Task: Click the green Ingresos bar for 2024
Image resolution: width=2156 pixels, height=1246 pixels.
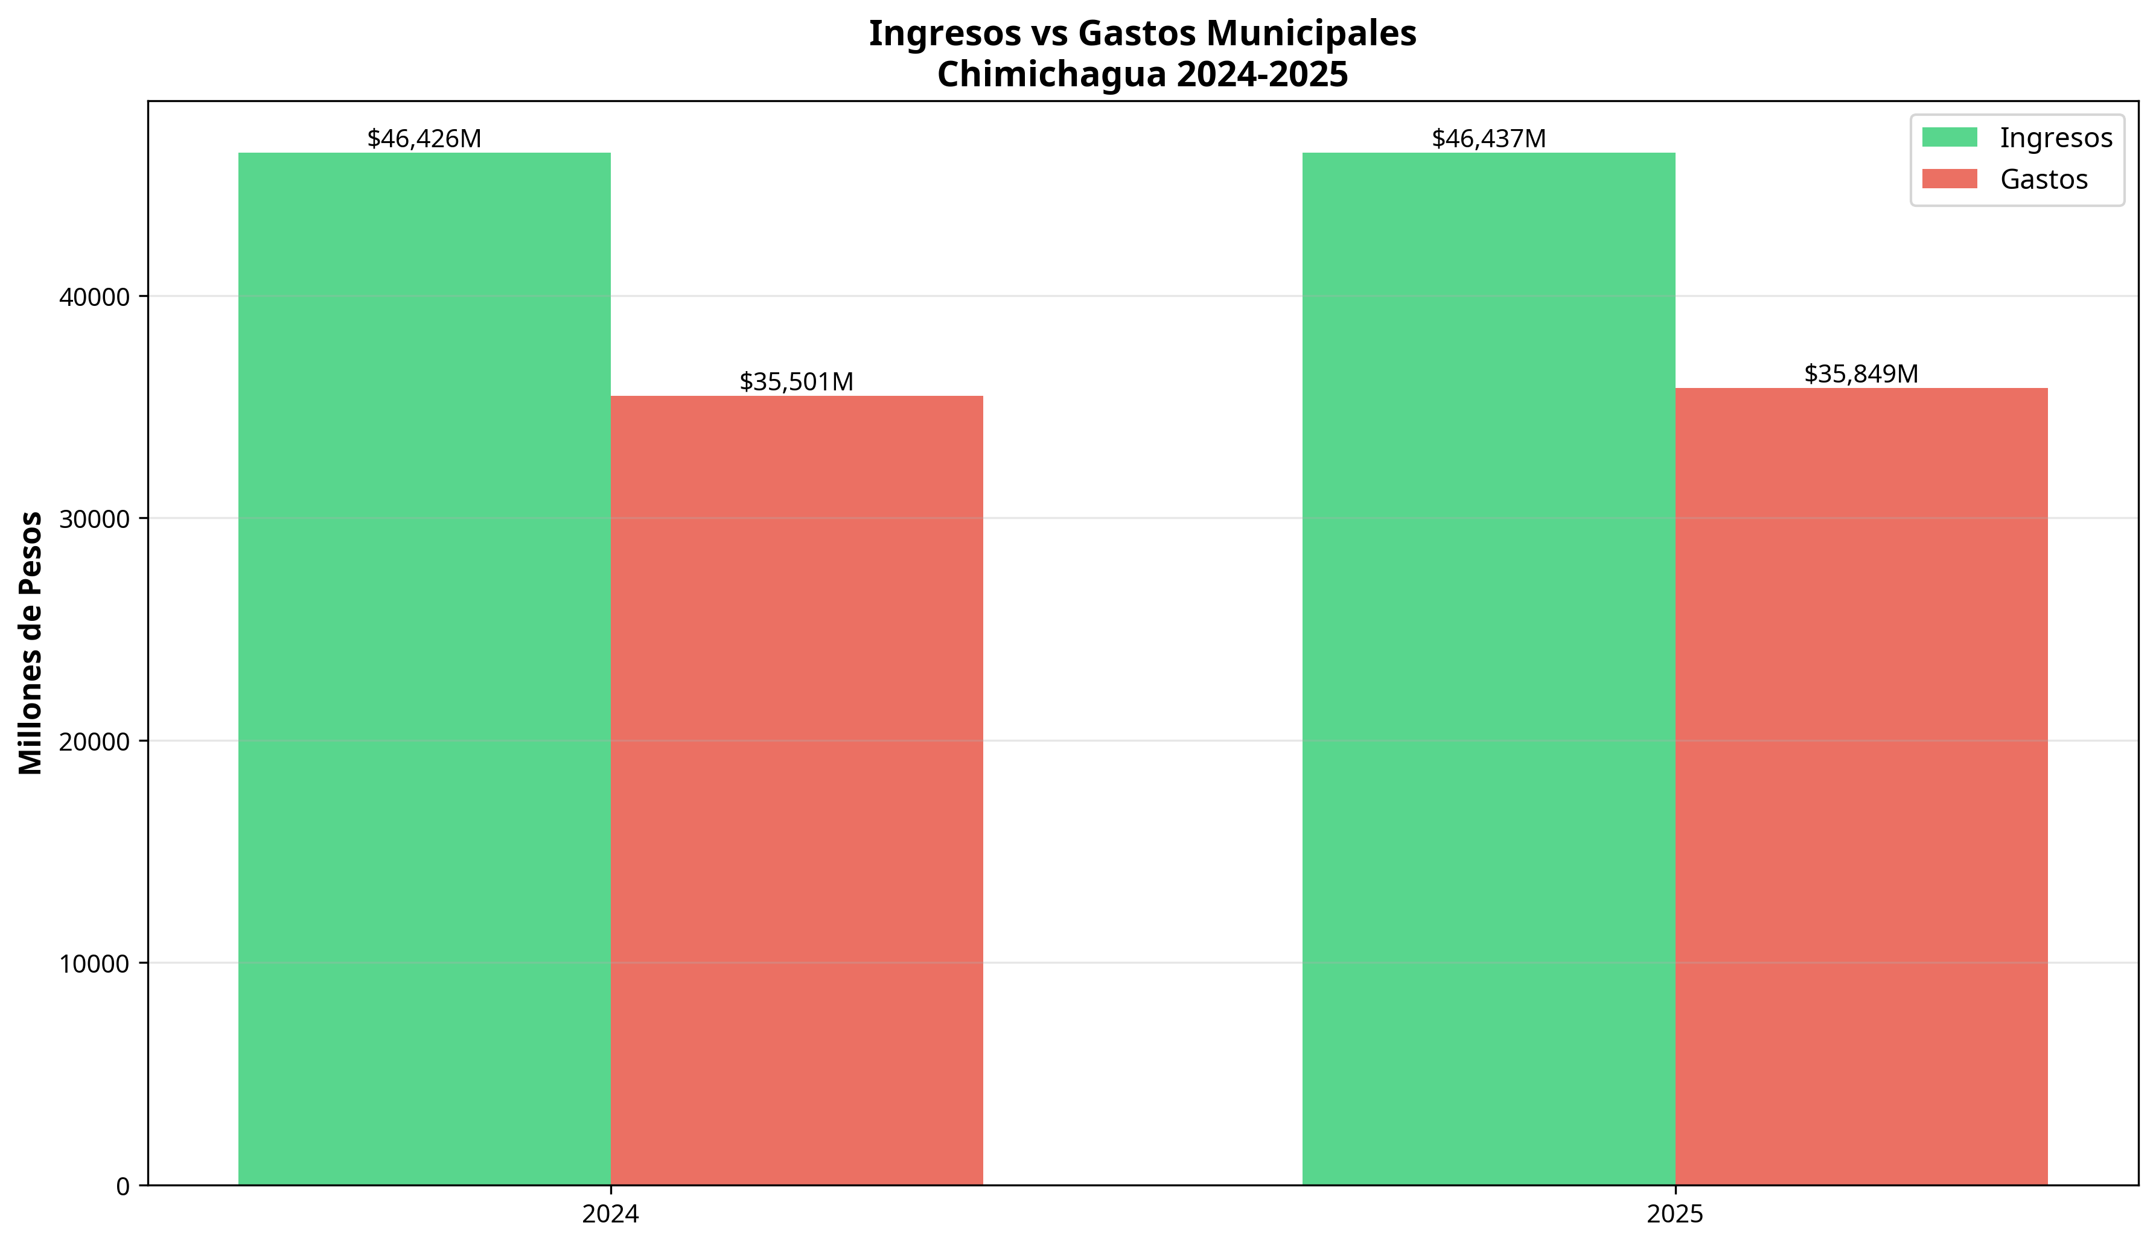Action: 424,667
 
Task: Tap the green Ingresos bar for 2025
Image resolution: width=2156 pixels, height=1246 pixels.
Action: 1488,667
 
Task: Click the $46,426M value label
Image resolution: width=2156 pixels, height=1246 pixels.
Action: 424,139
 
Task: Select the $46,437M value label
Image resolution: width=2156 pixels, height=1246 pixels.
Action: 1488,139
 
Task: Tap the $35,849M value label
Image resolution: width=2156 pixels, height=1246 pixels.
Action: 1861,373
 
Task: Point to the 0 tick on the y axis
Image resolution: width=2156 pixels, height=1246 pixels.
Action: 123,1186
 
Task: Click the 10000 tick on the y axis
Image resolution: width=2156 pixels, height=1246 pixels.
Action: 94,964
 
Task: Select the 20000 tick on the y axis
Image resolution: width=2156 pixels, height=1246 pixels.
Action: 94,742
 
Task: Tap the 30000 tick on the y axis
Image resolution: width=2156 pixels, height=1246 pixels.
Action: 94,519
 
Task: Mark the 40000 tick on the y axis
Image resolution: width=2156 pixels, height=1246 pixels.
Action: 94,297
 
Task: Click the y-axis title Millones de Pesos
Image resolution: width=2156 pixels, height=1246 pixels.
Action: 31,643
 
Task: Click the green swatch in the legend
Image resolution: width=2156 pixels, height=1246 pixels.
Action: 1949,137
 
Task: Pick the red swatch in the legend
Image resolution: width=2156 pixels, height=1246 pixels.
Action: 1949,179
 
